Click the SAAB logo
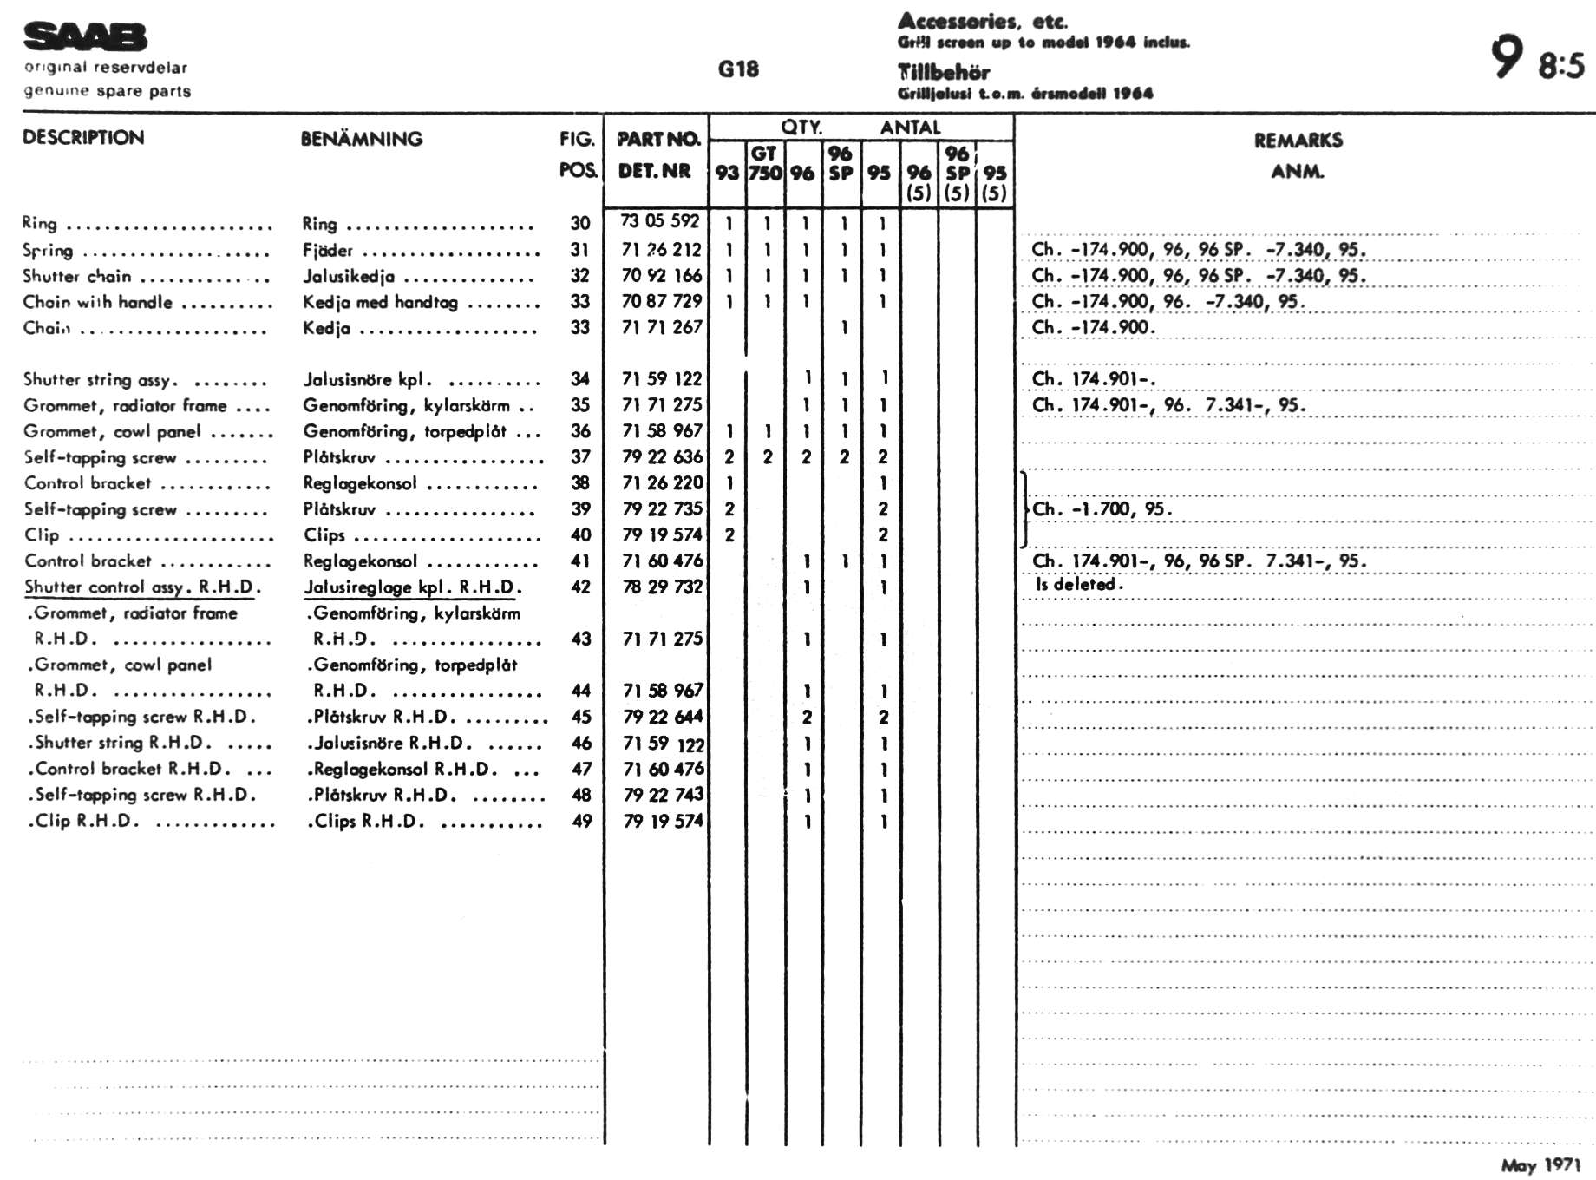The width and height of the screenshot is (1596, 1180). tap(85, 37)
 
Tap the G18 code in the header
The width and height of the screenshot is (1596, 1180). tap(738, 69)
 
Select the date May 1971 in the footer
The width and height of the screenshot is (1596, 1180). tap(1540, 1165)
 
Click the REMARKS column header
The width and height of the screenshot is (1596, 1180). tap(1298, 141)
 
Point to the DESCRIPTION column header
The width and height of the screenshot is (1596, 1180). tap(83, 137)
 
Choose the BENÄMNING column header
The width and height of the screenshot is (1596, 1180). tap(361, 139)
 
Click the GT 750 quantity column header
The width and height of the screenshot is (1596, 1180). tap(764, 163)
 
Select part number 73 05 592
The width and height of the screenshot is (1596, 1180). tap(660, 222)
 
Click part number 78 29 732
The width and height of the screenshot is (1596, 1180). tap(662, 587)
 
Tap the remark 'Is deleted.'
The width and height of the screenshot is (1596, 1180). tap(1078, 584)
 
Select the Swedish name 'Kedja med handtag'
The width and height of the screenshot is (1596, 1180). tap(380, 302)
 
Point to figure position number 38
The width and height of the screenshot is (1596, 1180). tap(580, 483)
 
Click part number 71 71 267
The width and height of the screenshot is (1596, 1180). tap(662, 327)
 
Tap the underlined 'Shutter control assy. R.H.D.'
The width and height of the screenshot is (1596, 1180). tap(142, 587)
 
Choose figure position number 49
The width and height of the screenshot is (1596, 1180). tap(581, 821)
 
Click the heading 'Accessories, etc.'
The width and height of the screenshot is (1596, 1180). tap(982, 21)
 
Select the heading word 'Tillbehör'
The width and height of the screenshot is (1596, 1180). tap(943, 72)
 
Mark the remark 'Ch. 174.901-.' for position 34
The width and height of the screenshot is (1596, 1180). tap(1093, 379)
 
